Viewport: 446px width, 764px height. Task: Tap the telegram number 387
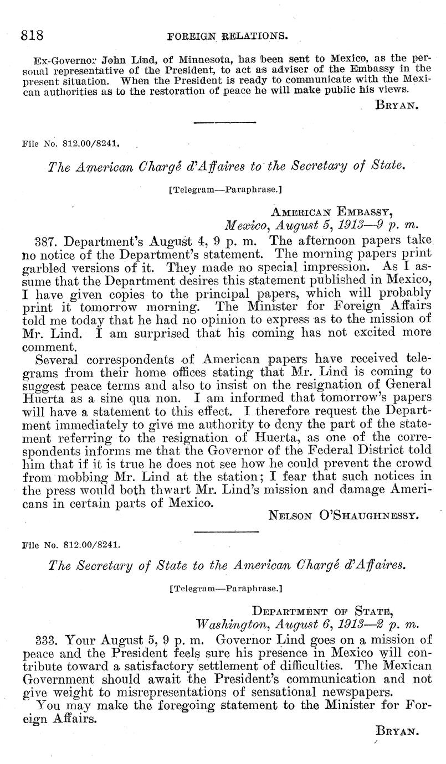[47, 241]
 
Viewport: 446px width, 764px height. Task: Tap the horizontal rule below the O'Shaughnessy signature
[227, 533]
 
